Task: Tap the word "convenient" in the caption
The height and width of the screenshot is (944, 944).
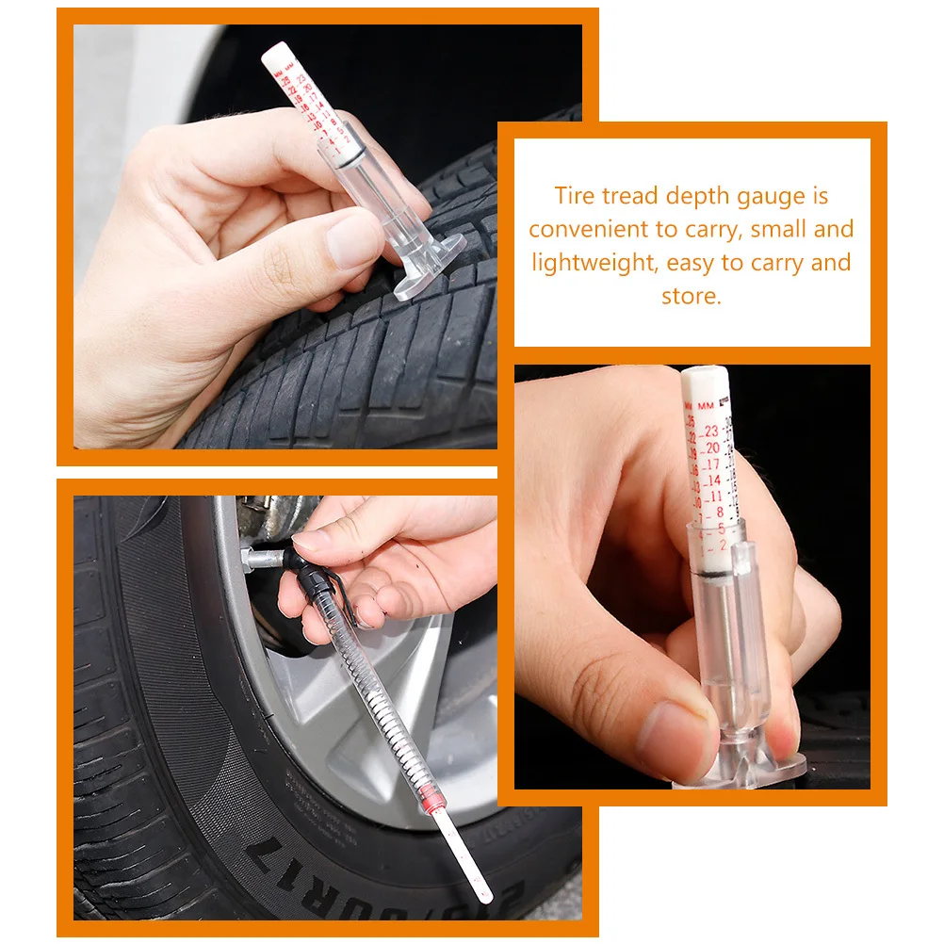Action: click(x=589, y=229)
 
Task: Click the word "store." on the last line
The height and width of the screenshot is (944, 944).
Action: click(x=692, y=296)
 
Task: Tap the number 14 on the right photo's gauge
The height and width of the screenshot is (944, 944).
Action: click(x=715, y=480)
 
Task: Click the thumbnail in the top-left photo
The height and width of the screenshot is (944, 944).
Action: click(x=355, y=236)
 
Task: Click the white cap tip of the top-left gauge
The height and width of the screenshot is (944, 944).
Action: click(x=274, y=51)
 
